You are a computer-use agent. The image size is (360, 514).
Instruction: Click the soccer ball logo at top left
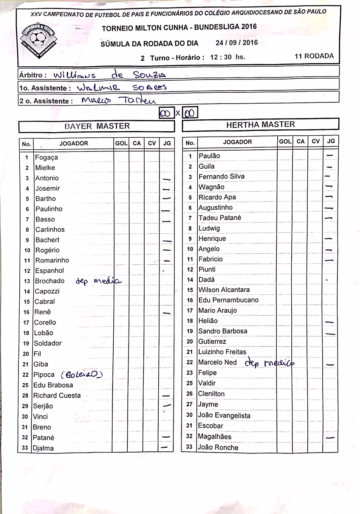38,39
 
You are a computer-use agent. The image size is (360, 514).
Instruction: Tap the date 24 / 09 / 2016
237,43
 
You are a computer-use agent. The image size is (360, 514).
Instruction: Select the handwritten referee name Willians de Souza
109,74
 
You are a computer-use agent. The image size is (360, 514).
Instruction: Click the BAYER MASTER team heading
97,126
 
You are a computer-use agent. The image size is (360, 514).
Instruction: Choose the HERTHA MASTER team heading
260,124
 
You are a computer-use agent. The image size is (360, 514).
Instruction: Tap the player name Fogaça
47,157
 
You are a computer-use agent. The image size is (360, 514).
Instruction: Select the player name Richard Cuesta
57,396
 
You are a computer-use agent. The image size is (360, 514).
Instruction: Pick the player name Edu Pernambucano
228,300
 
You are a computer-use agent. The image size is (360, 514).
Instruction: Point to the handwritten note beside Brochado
98,281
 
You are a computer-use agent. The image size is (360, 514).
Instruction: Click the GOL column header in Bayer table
121,143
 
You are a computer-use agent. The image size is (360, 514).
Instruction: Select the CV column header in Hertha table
316,141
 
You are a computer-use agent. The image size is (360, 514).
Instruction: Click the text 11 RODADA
314,56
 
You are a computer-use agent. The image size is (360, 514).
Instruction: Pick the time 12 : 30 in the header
221,57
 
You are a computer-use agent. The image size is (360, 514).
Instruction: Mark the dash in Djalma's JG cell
164,447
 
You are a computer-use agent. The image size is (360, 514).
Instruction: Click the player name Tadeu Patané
220,218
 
